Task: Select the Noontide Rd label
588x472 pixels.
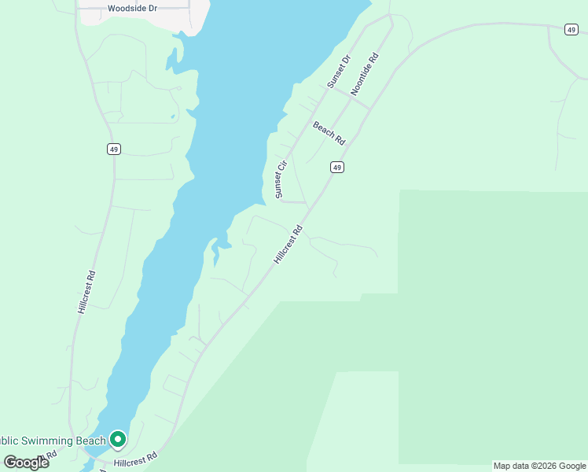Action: pos(365,74)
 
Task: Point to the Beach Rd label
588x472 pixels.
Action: pos(329,133)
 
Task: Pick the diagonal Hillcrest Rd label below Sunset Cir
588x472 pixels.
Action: pos(288,245)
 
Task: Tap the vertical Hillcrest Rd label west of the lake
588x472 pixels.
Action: pos(86,293)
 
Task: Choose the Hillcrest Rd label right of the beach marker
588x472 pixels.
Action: pos(135,459)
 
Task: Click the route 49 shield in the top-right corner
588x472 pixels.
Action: pos(571,30)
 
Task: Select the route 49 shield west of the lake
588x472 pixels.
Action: pos(114,149)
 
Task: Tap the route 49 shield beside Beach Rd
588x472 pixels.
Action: pos(336,167)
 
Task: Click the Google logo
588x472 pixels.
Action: pos(25,463)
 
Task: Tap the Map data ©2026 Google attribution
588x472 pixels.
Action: pos(539,466)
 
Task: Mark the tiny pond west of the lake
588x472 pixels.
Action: pos(172,118)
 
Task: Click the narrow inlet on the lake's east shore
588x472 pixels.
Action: pos(214,253)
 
